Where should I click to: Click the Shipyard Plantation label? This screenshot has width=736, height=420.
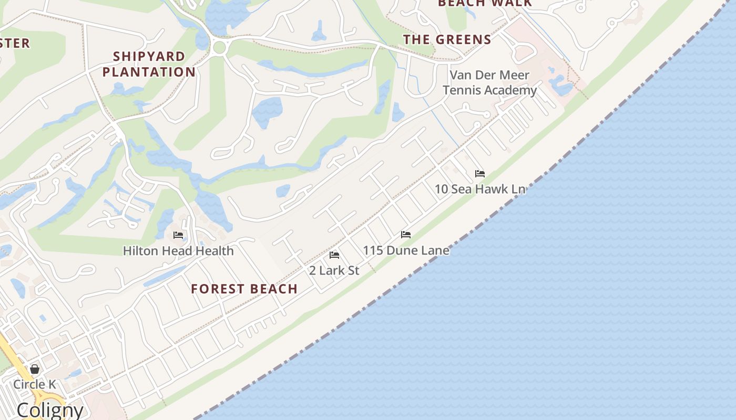(149, 64)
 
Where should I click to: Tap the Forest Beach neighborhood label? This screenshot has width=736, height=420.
(244, 289)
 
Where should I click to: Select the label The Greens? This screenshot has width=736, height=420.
(447, 39)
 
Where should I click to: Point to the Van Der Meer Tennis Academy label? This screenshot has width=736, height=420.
(489, 82)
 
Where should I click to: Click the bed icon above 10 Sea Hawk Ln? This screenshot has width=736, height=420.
(480, 174)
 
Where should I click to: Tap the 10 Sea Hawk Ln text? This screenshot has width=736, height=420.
(480, 189)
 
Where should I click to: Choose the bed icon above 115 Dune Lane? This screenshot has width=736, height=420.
(406, 235)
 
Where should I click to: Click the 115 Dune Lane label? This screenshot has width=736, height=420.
(406, 250)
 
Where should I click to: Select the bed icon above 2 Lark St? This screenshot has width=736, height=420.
(334, 255)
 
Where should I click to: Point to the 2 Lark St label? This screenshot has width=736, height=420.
(334, 270)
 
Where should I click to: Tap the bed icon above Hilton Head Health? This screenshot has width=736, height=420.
(178, 235)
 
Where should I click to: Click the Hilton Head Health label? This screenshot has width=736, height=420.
(178, 251)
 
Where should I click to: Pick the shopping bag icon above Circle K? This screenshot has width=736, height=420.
(35, 369)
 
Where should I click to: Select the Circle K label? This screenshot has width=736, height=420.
(35, 384)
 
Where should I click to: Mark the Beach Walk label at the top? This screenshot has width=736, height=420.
(485, 3)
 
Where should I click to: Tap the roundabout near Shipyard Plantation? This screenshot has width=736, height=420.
(220, 48)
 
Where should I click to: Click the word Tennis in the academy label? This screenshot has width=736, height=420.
(467, 90)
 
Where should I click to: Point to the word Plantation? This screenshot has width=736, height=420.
(149, 72)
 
